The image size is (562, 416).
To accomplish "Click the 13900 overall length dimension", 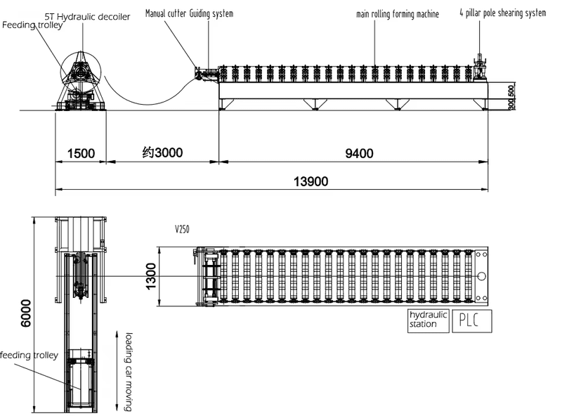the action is (311, 181).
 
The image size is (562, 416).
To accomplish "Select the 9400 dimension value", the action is (359, 153).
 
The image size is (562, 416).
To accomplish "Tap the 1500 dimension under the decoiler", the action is (81, 153).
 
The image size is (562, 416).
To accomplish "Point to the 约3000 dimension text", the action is (162, 152).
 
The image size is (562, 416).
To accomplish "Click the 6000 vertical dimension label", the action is (26, 313).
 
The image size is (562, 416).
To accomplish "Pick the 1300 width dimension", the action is (151, 276).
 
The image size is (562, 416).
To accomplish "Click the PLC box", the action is (471, 320).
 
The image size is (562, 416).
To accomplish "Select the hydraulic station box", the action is (428, 320).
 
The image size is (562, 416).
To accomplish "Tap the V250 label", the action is (182, 229).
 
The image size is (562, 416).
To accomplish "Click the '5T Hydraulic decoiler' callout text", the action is (87, 16).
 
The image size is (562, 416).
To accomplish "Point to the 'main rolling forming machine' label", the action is (398, 14).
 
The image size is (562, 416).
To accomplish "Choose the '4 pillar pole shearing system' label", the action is (503, 13).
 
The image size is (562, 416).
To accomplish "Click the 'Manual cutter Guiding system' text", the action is (189, 13).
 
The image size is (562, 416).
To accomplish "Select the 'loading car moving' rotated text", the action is (129, 372).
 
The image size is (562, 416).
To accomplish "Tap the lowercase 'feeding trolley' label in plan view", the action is (29, 355).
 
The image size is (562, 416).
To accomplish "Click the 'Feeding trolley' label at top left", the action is (32, 25).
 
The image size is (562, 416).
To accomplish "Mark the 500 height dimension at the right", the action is (511, 91).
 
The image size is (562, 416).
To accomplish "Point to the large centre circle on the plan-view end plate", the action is (482, 276).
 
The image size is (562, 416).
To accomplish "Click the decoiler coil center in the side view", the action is (81, 72).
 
